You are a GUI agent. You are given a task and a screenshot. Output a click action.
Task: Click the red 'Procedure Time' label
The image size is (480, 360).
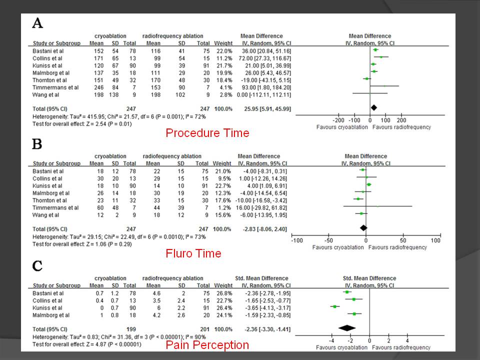(x=207, y=133)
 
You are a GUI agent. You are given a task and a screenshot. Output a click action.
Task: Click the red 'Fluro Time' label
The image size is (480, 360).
(x=193, y=253)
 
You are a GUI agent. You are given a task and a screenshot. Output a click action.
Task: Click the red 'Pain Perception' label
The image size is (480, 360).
(x=207, y=344)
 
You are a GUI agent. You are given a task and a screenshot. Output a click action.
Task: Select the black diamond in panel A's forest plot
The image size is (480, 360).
(x=373, y=107)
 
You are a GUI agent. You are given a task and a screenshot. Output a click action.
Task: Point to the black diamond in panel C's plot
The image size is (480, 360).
(x=346, y=327)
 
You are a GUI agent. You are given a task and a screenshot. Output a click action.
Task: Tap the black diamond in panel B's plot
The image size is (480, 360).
(x=363, y=228)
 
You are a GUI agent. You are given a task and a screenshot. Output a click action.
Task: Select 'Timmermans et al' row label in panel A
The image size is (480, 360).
(x=53, y=86)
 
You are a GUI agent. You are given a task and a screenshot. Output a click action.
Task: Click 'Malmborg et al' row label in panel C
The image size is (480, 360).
(x=51, y=315)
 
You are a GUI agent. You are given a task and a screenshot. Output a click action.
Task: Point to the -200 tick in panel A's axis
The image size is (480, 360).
(x=338, y=120)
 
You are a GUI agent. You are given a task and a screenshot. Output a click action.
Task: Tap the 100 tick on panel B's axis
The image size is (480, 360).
(x=435, y=241)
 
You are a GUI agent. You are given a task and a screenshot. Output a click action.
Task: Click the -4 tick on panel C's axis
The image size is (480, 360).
(x=331, y=340)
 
